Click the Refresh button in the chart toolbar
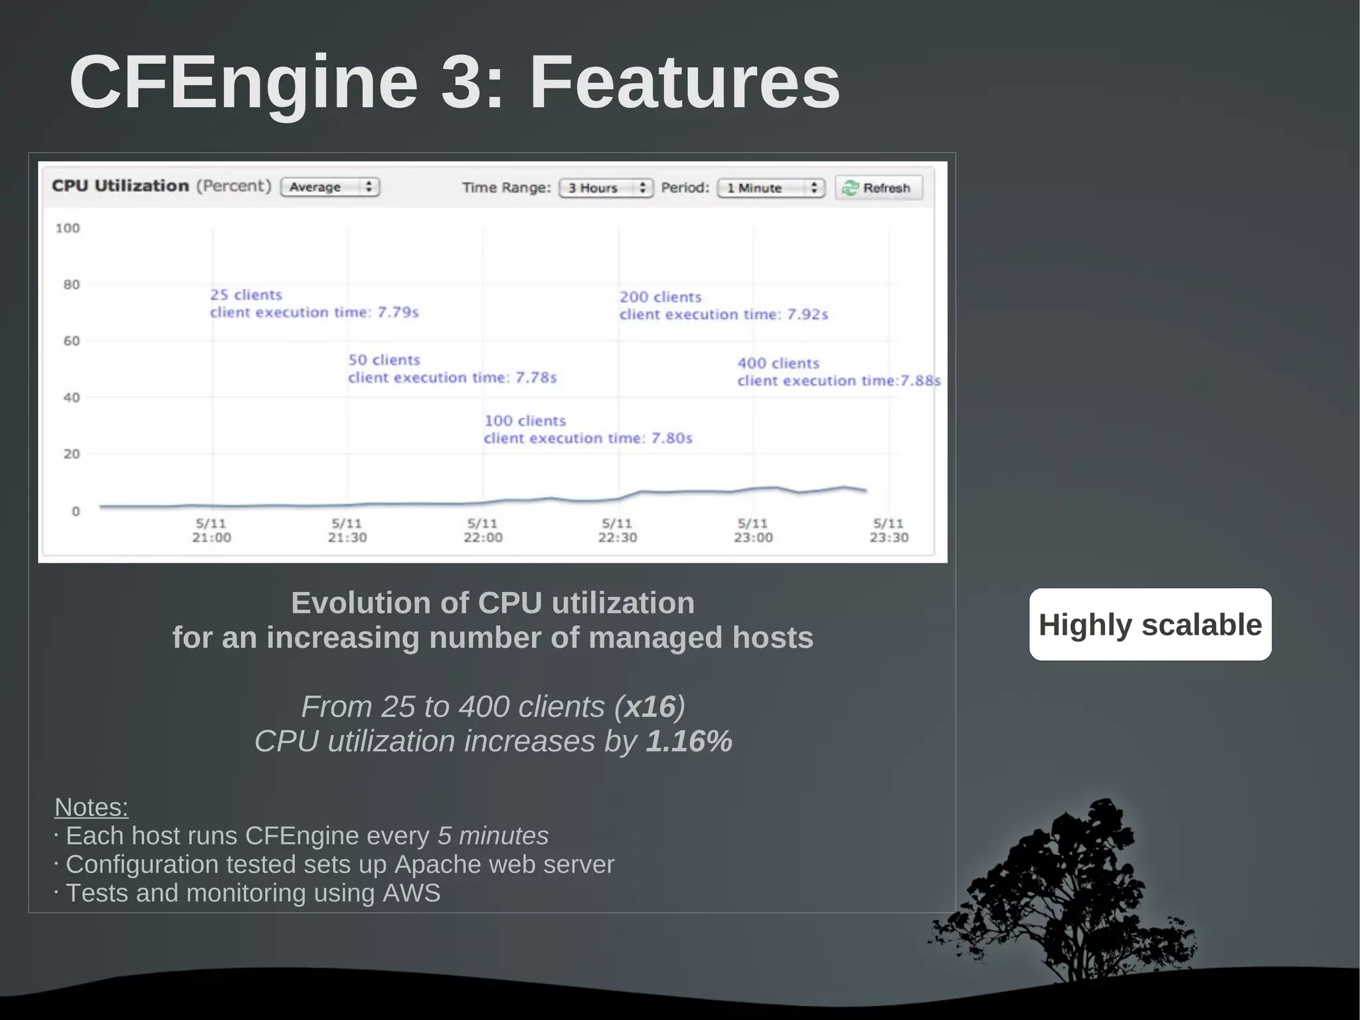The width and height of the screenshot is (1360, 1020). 879,188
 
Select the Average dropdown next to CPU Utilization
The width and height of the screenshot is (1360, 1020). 330,187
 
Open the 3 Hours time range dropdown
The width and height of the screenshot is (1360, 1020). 606,188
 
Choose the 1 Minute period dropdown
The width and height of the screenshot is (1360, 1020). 770,188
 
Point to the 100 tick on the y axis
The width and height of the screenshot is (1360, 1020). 68,228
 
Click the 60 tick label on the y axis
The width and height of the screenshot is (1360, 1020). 71,341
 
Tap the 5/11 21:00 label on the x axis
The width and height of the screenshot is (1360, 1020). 211,530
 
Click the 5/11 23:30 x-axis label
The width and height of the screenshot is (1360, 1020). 889,530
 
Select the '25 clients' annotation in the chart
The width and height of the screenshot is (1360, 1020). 246,294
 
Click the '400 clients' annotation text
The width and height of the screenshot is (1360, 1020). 778,363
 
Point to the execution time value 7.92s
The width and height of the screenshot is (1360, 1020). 807,314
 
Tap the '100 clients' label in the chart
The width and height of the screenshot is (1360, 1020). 525,421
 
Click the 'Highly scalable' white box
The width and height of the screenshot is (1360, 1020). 1150,625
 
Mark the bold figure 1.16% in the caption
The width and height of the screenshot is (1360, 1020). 689,741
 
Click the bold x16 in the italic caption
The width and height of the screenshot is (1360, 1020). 649,706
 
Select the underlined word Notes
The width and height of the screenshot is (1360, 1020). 91,807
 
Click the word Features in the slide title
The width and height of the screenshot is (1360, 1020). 684,82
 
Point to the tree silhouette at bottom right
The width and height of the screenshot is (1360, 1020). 1069,897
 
